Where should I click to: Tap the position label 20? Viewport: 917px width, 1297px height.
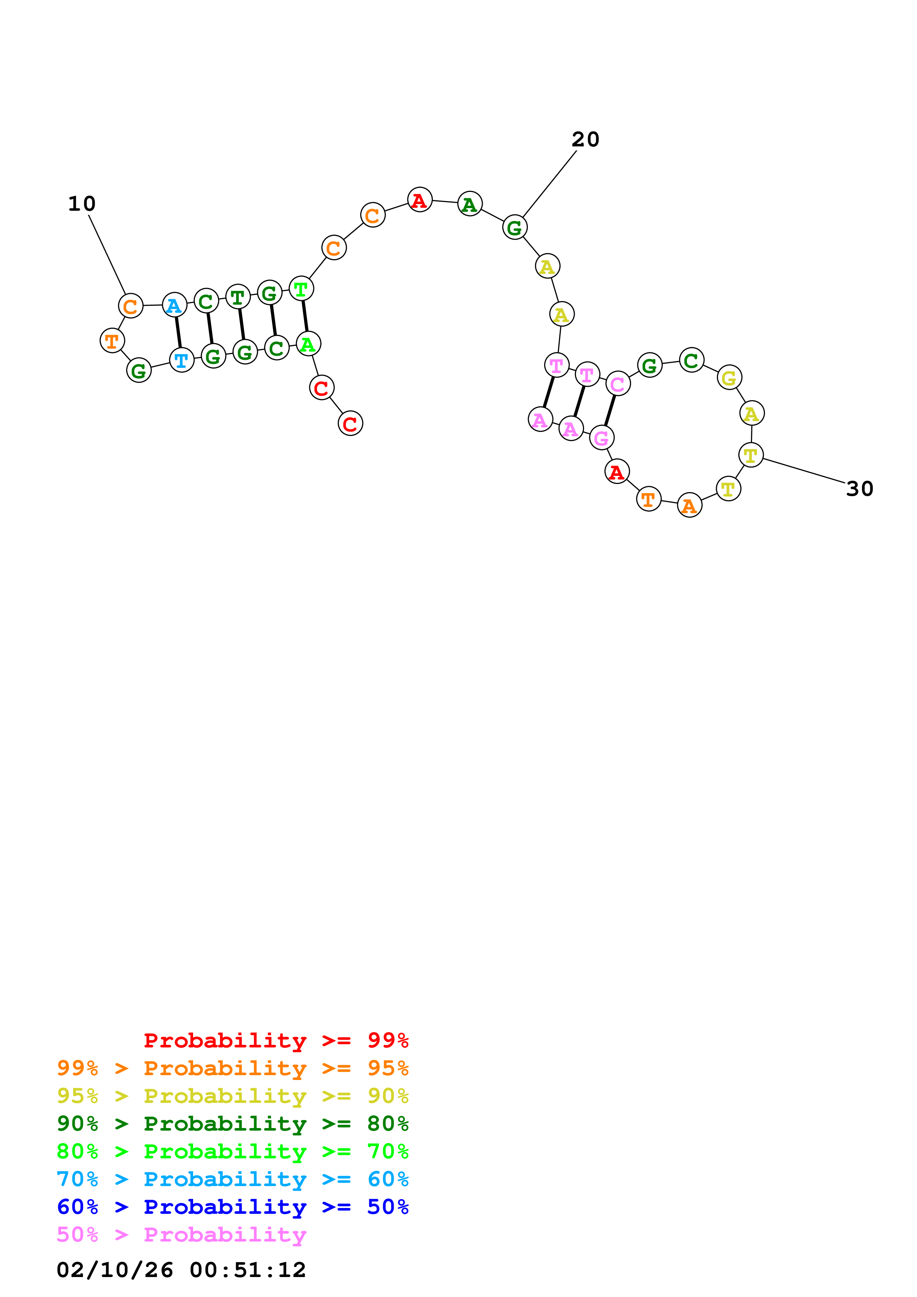[585, 139]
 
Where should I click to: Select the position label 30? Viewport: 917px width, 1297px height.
[859, 489]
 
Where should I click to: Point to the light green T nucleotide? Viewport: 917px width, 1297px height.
[301, 289]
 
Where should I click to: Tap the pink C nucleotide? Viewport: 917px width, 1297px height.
[618, 384]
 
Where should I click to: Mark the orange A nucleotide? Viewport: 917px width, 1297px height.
[689, 505]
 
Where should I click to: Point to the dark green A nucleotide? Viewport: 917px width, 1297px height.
[469, 204]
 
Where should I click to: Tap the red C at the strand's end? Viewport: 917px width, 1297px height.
[350, 424]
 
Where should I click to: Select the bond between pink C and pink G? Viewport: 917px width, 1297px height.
[610, 411]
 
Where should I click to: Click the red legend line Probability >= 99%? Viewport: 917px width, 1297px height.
[276, 1040]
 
